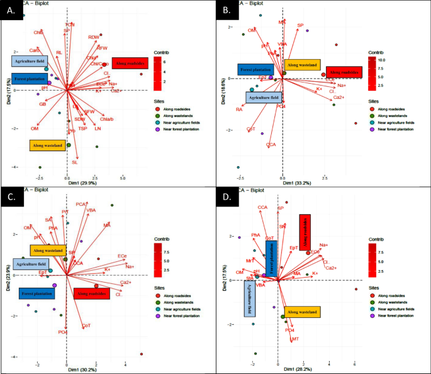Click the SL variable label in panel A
pos(74,162)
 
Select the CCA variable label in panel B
pos(271,145)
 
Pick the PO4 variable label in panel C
pos(62,332)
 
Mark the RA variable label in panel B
pos(239,110)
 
